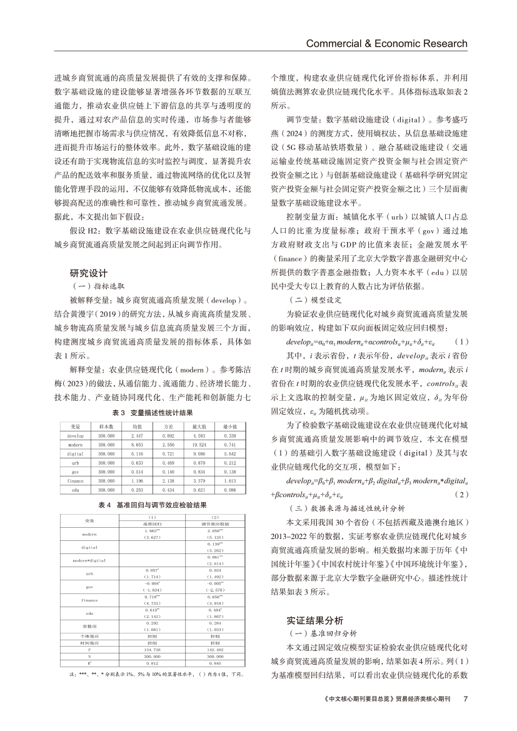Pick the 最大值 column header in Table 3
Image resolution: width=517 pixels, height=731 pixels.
tap(186, 426)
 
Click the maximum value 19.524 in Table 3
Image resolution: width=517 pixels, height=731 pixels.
tap(186, 443)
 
